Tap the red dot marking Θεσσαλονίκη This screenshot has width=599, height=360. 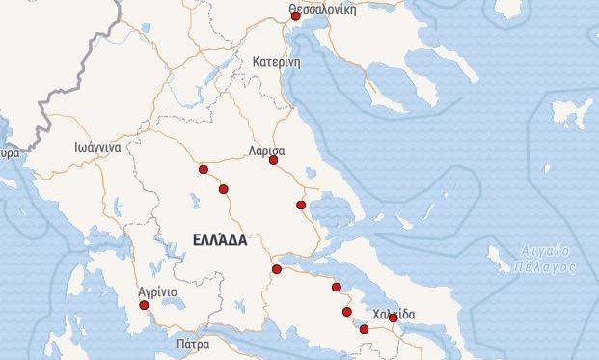click(295, 16)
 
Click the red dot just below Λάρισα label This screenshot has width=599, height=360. click(273, 160)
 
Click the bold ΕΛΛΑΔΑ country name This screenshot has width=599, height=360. click(220, 238)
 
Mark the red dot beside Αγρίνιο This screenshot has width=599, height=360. click(145, 305)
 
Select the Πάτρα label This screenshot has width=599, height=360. click(193, 343)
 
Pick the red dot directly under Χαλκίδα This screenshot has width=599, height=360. click(393, 318)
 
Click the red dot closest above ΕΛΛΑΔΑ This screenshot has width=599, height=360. click(224, 189)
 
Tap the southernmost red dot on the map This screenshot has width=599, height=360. click(364, 330)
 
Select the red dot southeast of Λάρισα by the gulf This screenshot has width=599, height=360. click(301, 205)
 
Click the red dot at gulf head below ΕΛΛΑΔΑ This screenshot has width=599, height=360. click(277, 269)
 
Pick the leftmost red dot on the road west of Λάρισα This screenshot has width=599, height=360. click(203, 170)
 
